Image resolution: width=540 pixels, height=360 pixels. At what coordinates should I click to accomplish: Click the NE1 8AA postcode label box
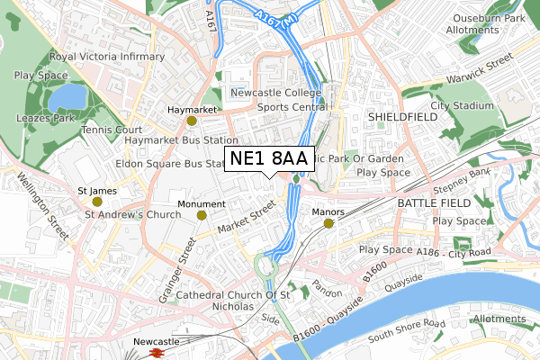[269, 159]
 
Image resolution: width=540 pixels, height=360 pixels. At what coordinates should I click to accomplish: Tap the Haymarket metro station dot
[191, 120]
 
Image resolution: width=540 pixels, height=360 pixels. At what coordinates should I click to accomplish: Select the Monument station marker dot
[202, 214]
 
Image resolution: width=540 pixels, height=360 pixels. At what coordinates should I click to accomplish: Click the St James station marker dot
[97, 202]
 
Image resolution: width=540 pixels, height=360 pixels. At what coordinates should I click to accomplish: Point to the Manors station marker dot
[328, 222]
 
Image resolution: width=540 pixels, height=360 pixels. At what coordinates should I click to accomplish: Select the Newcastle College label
[274, 93]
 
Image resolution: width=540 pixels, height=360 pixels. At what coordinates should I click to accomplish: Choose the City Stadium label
[463, 105]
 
